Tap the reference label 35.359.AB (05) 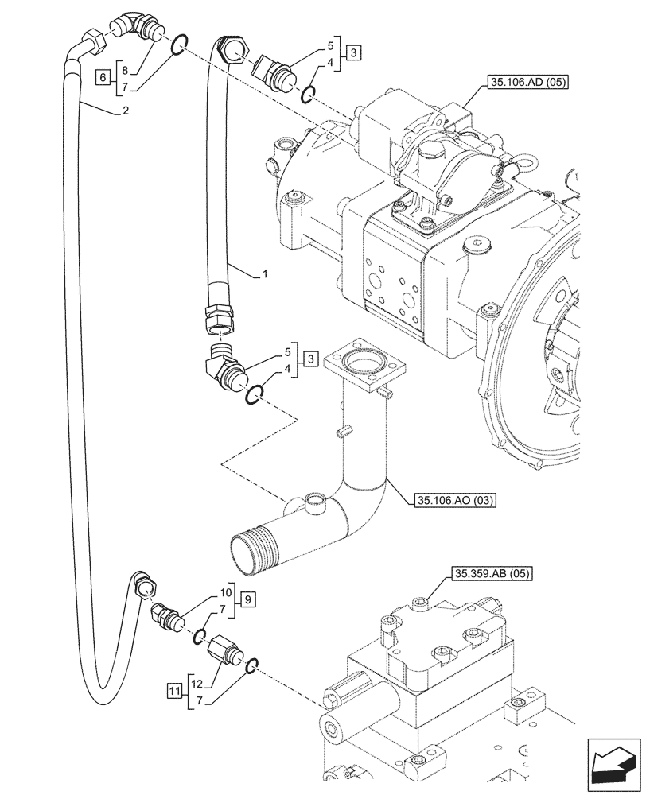[493, 573]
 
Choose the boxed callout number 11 [174, 689]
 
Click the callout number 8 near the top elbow [126, 69]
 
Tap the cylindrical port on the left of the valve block [334, 724]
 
